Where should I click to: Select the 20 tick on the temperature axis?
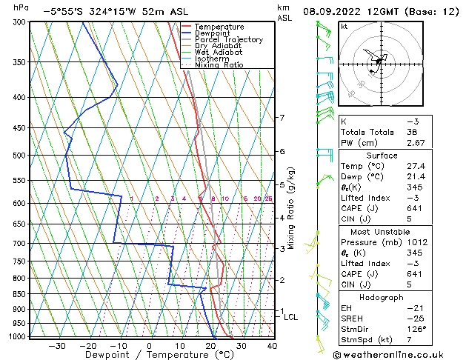210,345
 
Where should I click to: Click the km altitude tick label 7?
282,118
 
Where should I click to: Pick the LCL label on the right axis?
291,317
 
